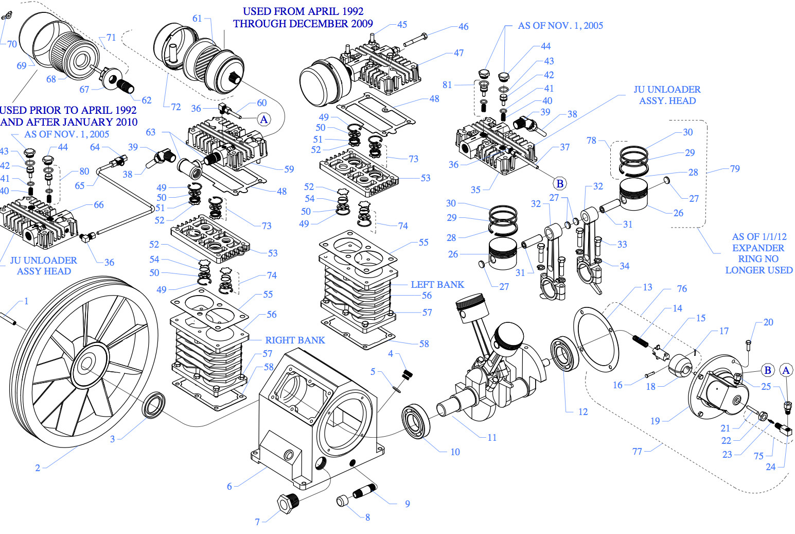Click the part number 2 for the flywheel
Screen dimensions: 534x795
tap(38, 468)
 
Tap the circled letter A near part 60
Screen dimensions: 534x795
tap(264, 119)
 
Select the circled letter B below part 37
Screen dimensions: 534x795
tap(560, 183)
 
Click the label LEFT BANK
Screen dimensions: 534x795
tap(437, 284)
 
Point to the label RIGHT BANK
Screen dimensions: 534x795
tap(295, 340)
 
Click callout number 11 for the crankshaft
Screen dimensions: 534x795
tap(492, 437)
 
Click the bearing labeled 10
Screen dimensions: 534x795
tap(416, 421)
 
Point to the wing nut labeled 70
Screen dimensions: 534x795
tap(6, 17)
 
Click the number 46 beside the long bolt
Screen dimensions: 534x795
tap(463, 26)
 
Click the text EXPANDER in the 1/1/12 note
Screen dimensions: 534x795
tap(758, 248)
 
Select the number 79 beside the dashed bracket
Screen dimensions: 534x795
tap(735, 168)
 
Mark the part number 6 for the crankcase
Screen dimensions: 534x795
tap(229, 486)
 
